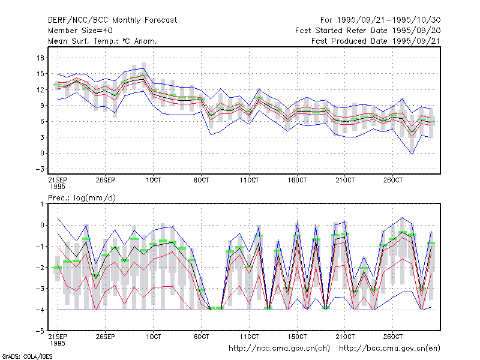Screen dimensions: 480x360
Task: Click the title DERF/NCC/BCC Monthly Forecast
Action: [112, 20]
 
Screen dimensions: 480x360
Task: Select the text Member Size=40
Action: [80, 31]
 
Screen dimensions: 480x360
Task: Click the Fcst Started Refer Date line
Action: [368, 31]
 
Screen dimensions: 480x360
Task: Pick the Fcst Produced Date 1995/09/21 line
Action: [376, 41]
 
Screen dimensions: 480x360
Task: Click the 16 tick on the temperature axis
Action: [40, 58]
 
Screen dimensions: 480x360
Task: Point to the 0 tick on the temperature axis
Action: [42, 153]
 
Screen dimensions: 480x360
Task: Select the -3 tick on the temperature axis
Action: [40, 169]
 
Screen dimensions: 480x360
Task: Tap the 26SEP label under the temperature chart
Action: [106, 180]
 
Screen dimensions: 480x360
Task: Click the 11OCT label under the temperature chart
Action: [249, 180]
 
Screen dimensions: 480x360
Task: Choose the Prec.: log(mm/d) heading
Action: [82, 198]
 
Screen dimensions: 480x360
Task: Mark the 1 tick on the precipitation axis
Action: [42, 204]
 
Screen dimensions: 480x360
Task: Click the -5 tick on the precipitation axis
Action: [40, 331]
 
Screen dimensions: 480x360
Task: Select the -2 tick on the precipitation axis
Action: [40, 268]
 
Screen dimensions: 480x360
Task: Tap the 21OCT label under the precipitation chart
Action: [345, 337]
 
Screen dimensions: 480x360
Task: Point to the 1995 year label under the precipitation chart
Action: [58, 343]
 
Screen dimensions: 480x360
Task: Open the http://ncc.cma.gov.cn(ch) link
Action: [279, 349]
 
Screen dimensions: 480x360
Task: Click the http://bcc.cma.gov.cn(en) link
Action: [389, 349]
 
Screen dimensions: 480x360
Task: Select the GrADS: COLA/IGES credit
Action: [27, 356]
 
